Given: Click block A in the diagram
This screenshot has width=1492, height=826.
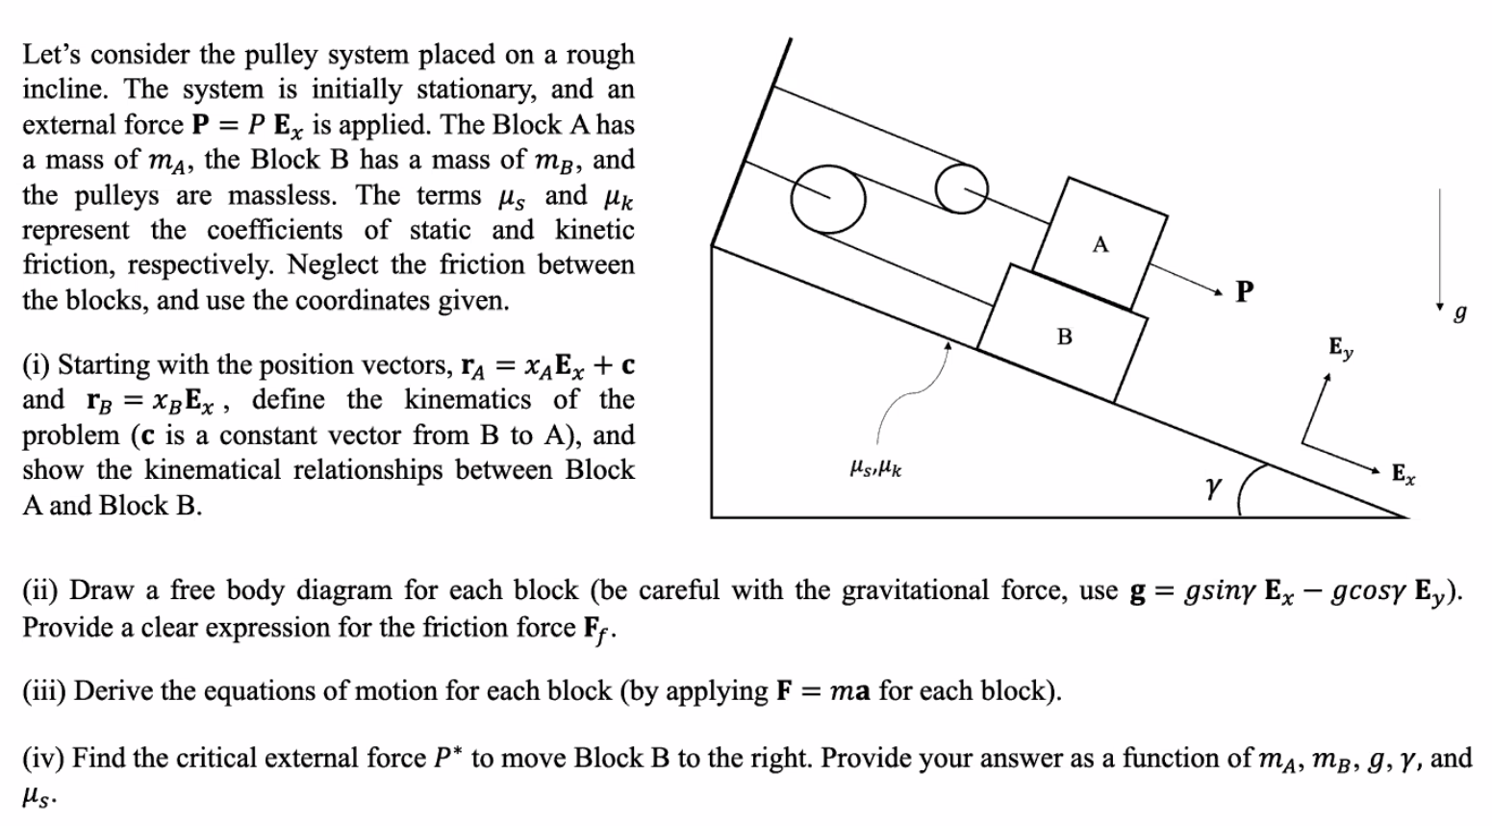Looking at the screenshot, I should [x=1100, y=243].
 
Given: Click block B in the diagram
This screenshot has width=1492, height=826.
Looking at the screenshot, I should [x=1063, y=335].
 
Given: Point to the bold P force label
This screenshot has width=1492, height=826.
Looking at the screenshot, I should [x=1244, y=291].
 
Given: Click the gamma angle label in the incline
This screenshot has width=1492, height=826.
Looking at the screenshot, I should [x=1212, y=488].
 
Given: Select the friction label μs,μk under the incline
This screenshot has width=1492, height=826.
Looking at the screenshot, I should [x=875, y=469].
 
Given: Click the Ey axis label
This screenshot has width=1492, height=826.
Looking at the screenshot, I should [x=1340, y=347].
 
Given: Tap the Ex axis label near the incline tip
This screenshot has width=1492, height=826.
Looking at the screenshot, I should [x=1403, y=473].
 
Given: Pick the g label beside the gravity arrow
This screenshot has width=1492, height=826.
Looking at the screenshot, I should [x=1460, y=313].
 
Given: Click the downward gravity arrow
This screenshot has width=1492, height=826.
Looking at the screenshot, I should [x=1440, y=250].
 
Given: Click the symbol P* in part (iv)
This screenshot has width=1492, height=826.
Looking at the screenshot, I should [x=443, y=758].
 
